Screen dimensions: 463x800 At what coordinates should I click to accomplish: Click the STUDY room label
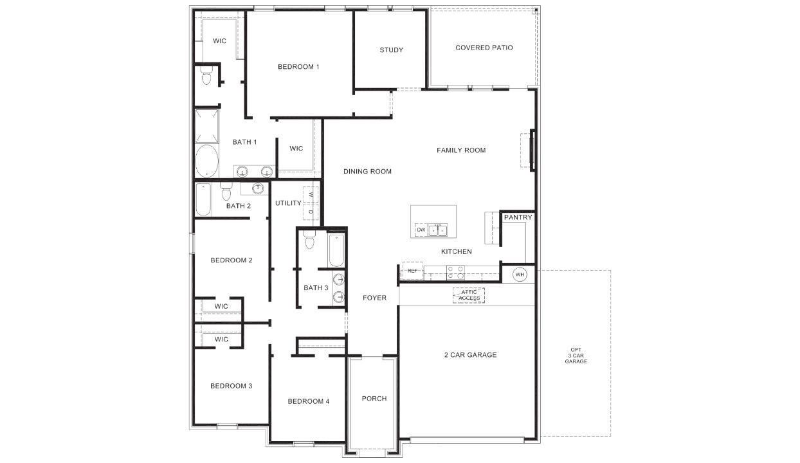coord(391,50)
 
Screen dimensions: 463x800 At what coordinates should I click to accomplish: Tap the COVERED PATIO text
coord(484,48)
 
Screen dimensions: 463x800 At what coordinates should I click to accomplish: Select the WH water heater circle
coord(519,275)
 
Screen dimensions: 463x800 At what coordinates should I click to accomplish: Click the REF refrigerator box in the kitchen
coord(412,271)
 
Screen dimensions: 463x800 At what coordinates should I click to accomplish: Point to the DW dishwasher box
coord(421,230)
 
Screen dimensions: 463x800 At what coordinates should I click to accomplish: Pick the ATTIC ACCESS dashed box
coord(469,295)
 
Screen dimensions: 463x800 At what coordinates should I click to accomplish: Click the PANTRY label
coord(518,217)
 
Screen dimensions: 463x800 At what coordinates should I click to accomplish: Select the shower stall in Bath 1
coord(206,126)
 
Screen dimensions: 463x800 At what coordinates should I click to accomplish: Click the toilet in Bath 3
coord(309,241)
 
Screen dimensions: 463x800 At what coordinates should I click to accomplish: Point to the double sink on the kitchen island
coord(438,230)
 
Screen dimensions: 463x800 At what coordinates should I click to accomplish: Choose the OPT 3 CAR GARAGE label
coord(576,356)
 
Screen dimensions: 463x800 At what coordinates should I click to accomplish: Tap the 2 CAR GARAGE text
coord(470,355)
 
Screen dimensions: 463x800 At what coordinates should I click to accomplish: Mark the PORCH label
coord(374,399)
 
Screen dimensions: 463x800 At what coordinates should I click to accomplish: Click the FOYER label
coord(374,298)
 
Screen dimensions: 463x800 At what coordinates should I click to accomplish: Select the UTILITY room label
coord(288,203)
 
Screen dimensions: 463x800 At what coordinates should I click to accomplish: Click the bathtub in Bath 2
coord(203,200)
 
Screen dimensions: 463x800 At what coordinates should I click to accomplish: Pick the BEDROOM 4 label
coord(308,401)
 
